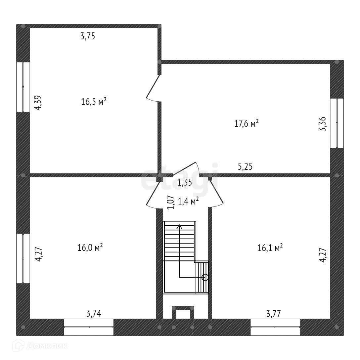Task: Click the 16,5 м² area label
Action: coord(94,101)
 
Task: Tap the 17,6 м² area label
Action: coord(247,123)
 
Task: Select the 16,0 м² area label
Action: coord(90,247)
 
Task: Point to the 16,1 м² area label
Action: coord(270,248)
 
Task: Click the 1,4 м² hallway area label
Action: coord(188,201)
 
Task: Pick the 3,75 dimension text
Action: coord(88,36)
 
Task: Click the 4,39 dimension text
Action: coord(38,103)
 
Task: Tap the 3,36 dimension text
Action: coord(322,124)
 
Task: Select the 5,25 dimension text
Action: coord(245,166)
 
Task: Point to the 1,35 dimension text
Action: coord(185,183)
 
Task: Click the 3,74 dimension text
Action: coord(94,313)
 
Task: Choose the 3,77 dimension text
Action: coord(274,313)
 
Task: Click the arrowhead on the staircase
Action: coord(179,227)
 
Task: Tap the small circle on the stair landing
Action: coord(205,278)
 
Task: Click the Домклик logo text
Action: coord(47,346)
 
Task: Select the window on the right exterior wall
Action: coord(337,123)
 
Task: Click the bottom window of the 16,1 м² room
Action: coord(275,327)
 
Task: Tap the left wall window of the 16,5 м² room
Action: coord(23,87)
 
